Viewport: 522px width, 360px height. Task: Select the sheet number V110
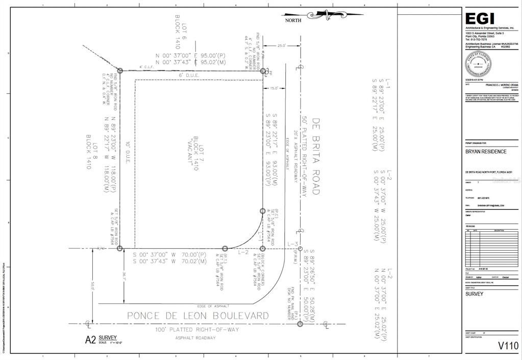click(x=508, y=346)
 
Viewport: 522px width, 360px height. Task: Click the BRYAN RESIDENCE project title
click(x=485, y=152)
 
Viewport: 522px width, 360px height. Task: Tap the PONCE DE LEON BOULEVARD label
click(x=197, y=316)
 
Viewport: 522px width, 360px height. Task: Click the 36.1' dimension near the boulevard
click(x=124, y=277)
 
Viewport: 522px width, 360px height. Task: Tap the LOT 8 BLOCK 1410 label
click(x=91, y=152)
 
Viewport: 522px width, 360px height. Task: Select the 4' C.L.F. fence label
click(x=146, y=66)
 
